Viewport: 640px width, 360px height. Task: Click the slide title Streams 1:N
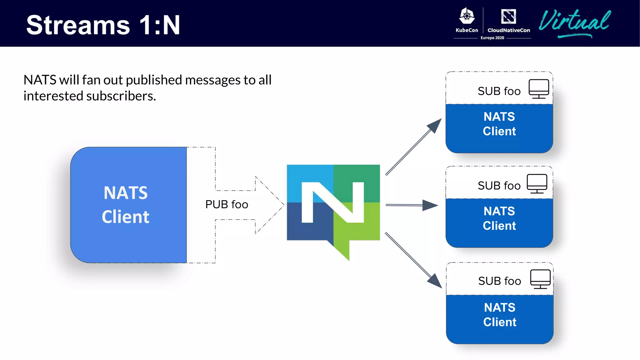click(x=103, y=25)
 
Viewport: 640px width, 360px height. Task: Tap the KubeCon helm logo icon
click(x=467, y=16)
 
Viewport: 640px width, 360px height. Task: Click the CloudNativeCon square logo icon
click(x=508, y=16)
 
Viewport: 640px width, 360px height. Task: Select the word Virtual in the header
click(x=574, y=22)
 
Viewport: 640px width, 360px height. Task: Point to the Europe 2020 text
click(x=492, y=38)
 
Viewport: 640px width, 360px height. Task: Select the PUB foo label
click(x=227, y=204)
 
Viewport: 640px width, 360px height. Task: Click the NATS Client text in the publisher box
click(x=126, y=205)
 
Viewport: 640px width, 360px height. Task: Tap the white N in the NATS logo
click(x=332, y=202)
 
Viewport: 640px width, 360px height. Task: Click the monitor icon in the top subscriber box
click(x=539, y=88)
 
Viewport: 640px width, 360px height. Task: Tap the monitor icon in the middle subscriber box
click(x=537, y=183)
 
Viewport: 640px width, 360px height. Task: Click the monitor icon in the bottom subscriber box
click(x=540, y=279)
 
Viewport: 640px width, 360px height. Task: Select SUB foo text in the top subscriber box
click(x=499, y=91)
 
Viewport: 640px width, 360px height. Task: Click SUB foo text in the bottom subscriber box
click(x=499, y=281)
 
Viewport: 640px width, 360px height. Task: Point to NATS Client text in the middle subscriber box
click(x=499, y=218)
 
